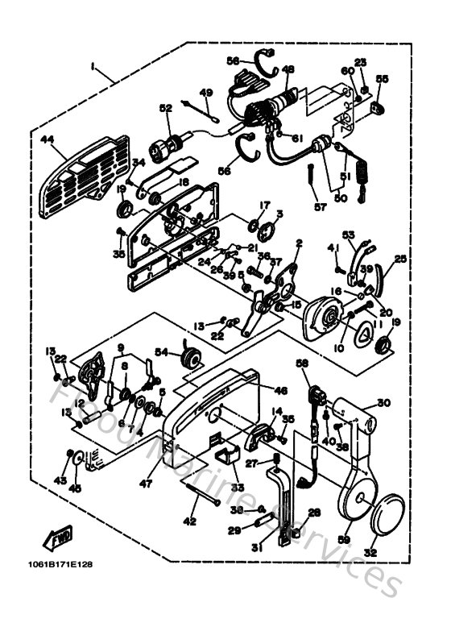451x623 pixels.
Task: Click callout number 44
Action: click(x=46, y=140)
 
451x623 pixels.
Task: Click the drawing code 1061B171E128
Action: click(x=58, y=563)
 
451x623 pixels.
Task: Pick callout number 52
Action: click(x=166, y=108)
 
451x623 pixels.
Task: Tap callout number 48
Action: click(x=288, y=69)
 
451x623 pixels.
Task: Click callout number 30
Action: click(x=383, y=403)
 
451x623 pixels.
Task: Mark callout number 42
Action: click(x=189, y=521)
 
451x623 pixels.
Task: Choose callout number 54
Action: click(x=161, y=352)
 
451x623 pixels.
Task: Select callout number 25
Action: click(x=400, y=260)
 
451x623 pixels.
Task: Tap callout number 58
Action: click(x=302, y=364)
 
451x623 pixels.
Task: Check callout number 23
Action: click(x=360, y=62)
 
